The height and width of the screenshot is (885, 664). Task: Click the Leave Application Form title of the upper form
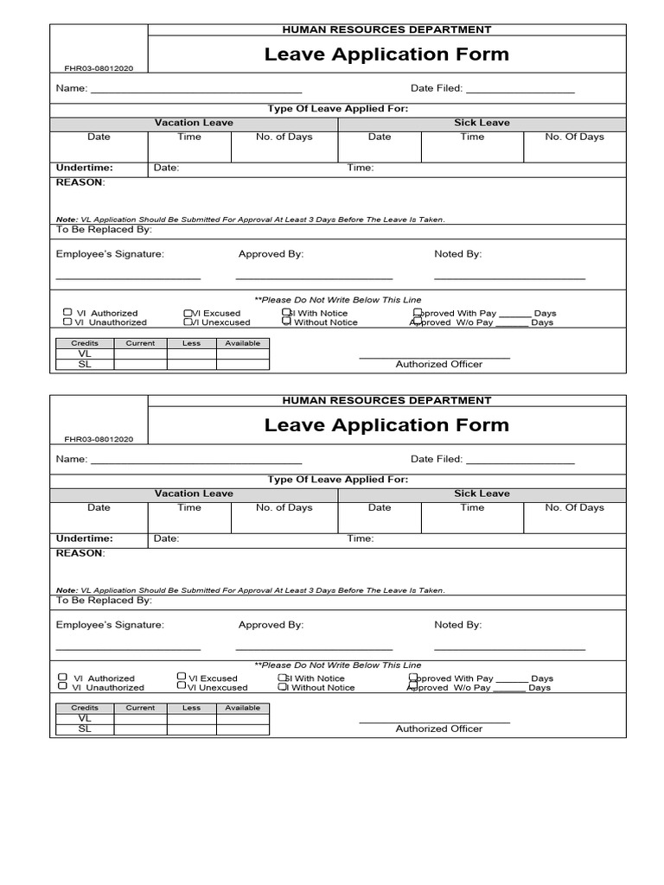386,54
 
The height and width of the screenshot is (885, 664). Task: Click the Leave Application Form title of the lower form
386,425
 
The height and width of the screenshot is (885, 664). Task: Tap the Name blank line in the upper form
196,90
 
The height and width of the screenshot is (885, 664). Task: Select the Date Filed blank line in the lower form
520,461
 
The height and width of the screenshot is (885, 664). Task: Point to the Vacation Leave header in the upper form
194,124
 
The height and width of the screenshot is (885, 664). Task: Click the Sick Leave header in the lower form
482,493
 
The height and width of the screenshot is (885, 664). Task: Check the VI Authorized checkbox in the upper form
67,312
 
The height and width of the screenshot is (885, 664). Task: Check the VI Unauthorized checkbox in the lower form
62,686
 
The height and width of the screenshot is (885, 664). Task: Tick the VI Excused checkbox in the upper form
188,313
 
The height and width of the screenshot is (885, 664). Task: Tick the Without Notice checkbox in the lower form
282,687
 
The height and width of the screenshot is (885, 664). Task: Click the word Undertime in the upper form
84,168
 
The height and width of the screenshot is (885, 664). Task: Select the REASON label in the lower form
80,553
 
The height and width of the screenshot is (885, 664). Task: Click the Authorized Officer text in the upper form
438,364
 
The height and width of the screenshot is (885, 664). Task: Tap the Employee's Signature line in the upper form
128,277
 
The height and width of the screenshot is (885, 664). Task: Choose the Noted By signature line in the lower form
509,647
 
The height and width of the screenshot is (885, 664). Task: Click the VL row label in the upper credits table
84,353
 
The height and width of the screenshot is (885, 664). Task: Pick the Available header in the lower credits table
242,708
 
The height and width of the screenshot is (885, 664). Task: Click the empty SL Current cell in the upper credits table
140,364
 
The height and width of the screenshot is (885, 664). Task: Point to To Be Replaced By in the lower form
104,600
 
